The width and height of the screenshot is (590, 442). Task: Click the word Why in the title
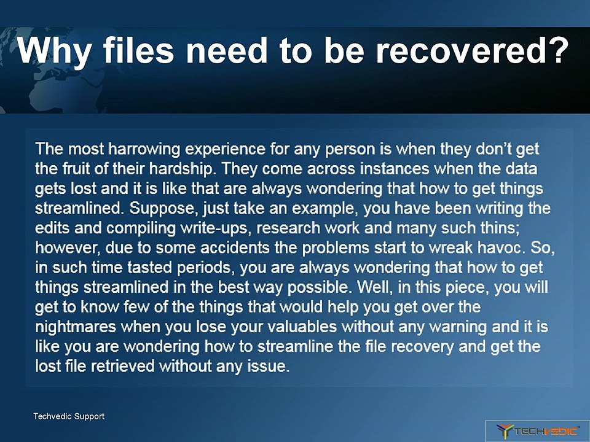pyautogui.click(x=54, y=51)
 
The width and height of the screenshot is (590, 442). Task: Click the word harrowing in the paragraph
pyautogui.click(x=144, y=149)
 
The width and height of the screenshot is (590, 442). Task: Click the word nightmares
pyautogui.click(x=76, y=327)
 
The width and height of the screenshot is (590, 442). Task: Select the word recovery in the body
pyautogui.click(x=422, y=346)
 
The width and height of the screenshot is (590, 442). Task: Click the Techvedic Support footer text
pyautogui.click(x=69, y=416)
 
